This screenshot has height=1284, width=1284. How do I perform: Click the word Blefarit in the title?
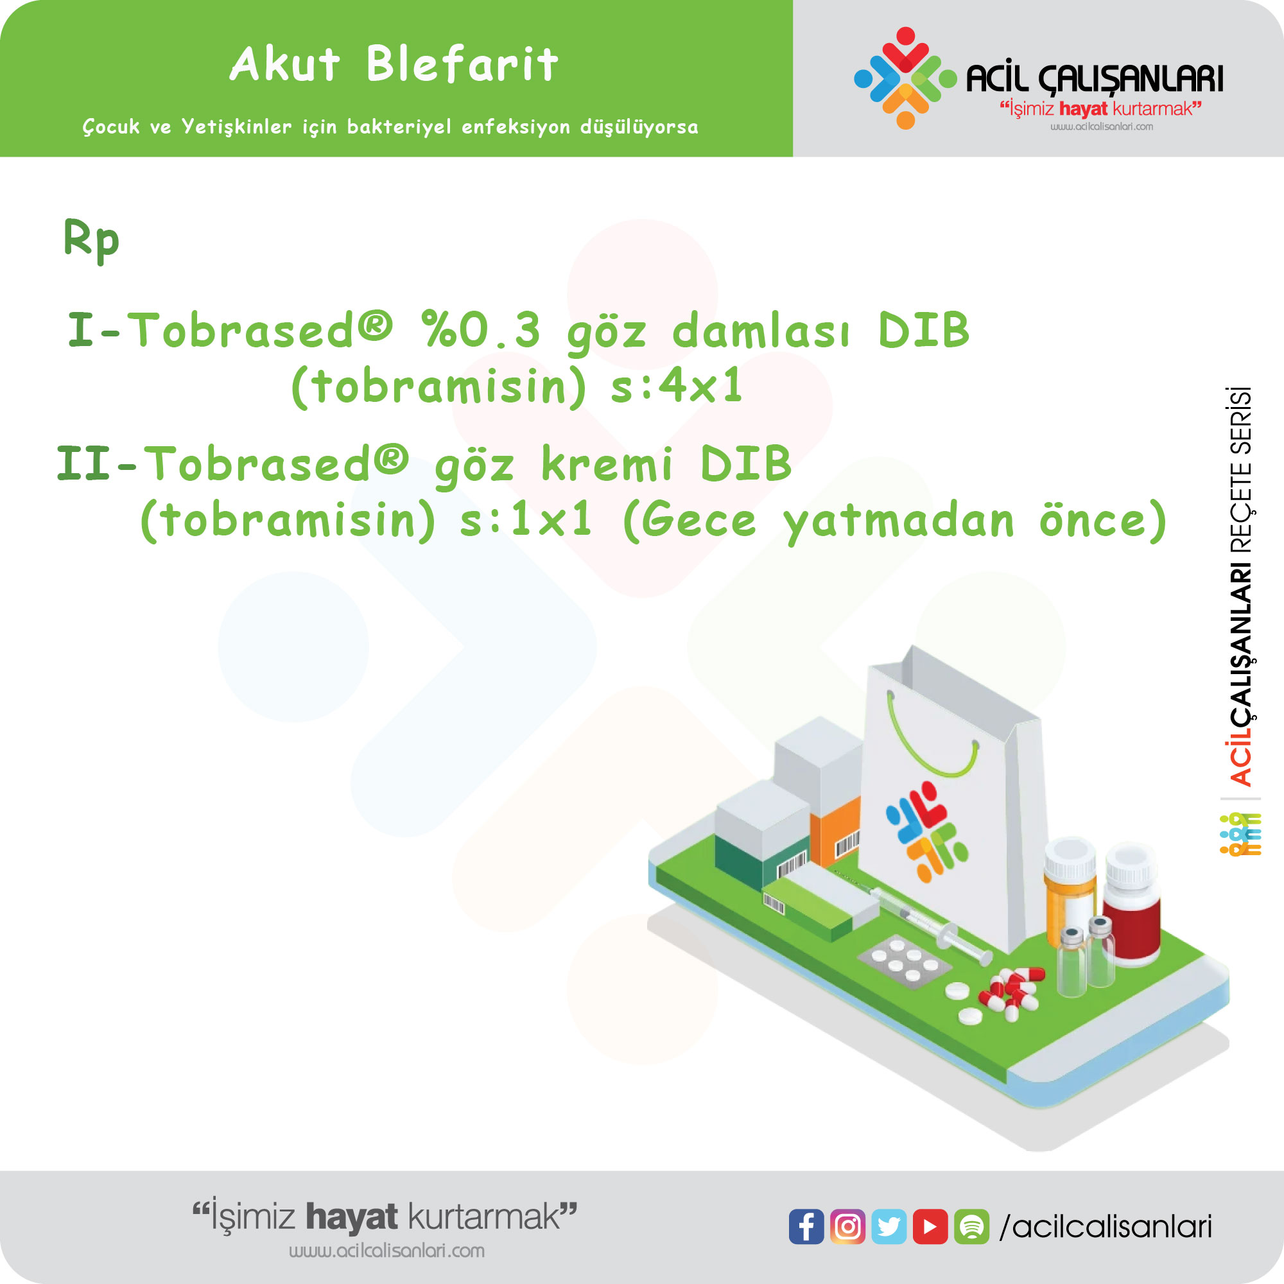pyautogui.click(x=462, y=64)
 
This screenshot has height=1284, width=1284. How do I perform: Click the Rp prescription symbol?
pyautogui.click(x=91, y=241)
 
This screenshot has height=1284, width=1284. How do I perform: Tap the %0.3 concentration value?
pyautogui.click(x=481, y=330)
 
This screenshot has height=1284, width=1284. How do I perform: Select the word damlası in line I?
pyautogui.click(x=760, y=330)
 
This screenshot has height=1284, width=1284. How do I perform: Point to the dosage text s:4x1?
pyautogui.click(x=676, y=385)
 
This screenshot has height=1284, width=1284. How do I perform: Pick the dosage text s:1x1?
pyautogui.click(x=525, y=520)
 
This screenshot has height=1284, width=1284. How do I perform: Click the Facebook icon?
pyautogui.click(x=806, y=1226)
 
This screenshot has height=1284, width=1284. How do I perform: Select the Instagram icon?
pyautogui.click(x=847, y=1226)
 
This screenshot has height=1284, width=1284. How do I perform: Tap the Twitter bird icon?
pyautogui.click(x=889, y=1226)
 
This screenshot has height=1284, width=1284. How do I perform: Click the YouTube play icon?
pyautogui.click(x=930, y=1226)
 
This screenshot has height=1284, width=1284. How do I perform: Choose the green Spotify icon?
pyautogui.click(x=971, y=1226)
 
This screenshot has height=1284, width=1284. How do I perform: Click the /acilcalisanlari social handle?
pyautogui.click(x=1106, y=1227)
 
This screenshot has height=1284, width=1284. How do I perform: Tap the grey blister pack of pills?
pyautogui.click(x=905, y=961)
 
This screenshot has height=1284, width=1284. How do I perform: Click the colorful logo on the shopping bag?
pyautogui.click(x=926, y=831)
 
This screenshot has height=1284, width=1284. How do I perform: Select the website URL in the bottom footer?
pyautogui.click(x=386, y=1251)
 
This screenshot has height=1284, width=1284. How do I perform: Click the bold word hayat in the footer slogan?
pyautogui.click(x=352, y=1217)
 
